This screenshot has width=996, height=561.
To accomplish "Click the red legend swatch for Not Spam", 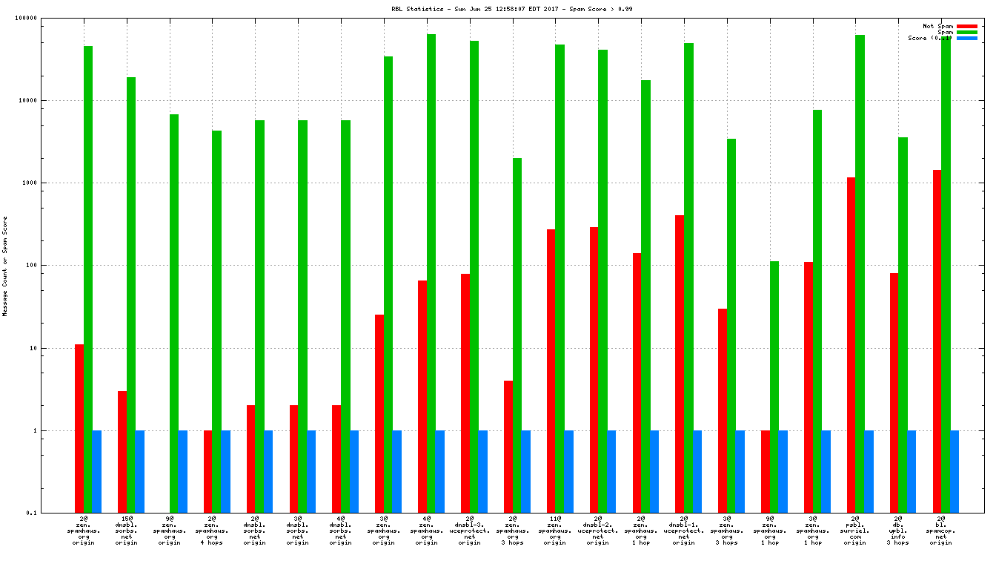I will point(966,26).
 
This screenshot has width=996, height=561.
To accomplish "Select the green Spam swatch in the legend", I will point(966,32).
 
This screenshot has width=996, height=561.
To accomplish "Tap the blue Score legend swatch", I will point(966,38).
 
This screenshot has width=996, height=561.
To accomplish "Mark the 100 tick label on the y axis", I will point(50,266).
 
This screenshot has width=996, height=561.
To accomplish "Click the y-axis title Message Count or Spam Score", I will point(5,266).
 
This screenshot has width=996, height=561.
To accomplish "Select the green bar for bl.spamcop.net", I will point(946,275).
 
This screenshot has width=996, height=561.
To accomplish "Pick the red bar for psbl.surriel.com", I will point(851,345).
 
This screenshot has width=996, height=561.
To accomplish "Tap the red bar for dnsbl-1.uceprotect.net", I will point(680,364).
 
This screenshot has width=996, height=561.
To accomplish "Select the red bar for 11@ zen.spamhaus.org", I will point(551,371).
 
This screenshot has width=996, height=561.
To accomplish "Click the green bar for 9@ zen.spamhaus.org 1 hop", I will point(774,387).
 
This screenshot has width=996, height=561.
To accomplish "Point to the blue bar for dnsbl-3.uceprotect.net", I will point(482,471).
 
